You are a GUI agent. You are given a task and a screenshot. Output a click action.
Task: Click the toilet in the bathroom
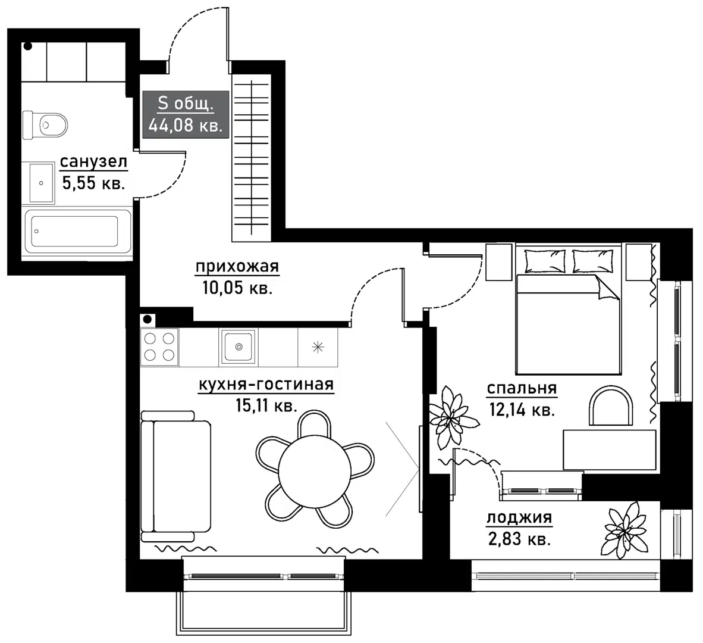pos(45,124)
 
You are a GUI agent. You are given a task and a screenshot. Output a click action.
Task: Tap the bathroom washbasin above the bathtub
pos(42,183)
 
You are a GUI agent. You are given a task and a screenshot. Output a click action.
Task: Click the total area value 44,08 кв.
pos(185,126)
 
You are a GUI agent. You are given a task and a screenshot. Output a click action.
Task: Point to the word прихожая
pos(237,267)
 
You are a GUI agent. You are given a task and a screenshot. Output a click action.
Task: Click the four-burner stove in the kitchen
pos(159,347)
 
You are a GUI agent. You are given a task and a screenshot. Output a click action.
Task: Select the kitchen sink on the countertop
pos(238,347)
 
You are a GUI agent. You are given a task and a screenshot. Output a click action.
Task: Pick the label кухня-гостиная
pos(266,385)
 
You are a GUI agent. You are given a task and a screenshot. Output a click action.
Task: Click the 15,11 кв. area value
pos(266,406)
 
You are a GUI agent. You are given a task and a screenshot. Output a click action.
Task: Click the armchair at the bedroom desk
pos(611,405)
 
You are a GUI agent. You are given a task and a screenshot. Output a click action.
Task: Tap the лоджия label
pos(519,518)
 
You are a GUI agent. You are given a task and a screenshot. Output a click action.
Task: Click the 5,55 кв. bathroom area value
pos(93,183)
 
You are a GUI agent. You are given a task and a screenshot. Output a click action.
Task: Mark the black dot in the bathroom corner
pos(28,46)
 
